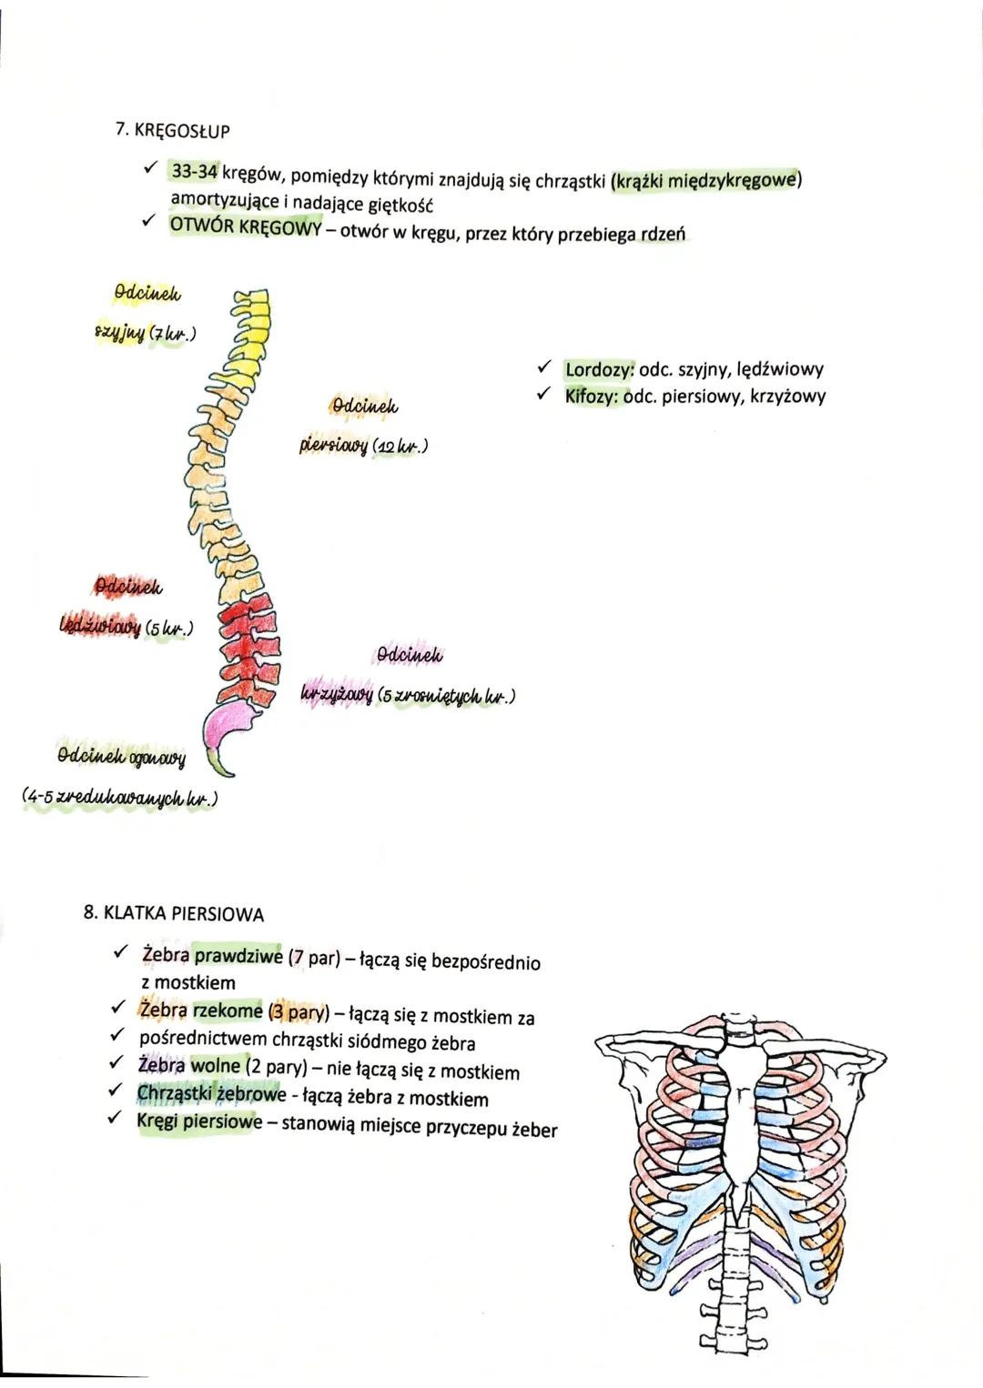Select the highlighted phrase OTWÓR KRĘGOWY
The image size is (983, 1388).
(x=245, y=227)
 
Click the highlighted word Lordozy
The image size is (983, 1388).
(x=599, y=369)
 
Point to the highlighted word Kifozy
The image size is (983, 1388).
(x=593, y=397)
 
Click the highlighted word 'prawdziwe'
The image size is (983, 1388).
(x=238, y=957)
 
